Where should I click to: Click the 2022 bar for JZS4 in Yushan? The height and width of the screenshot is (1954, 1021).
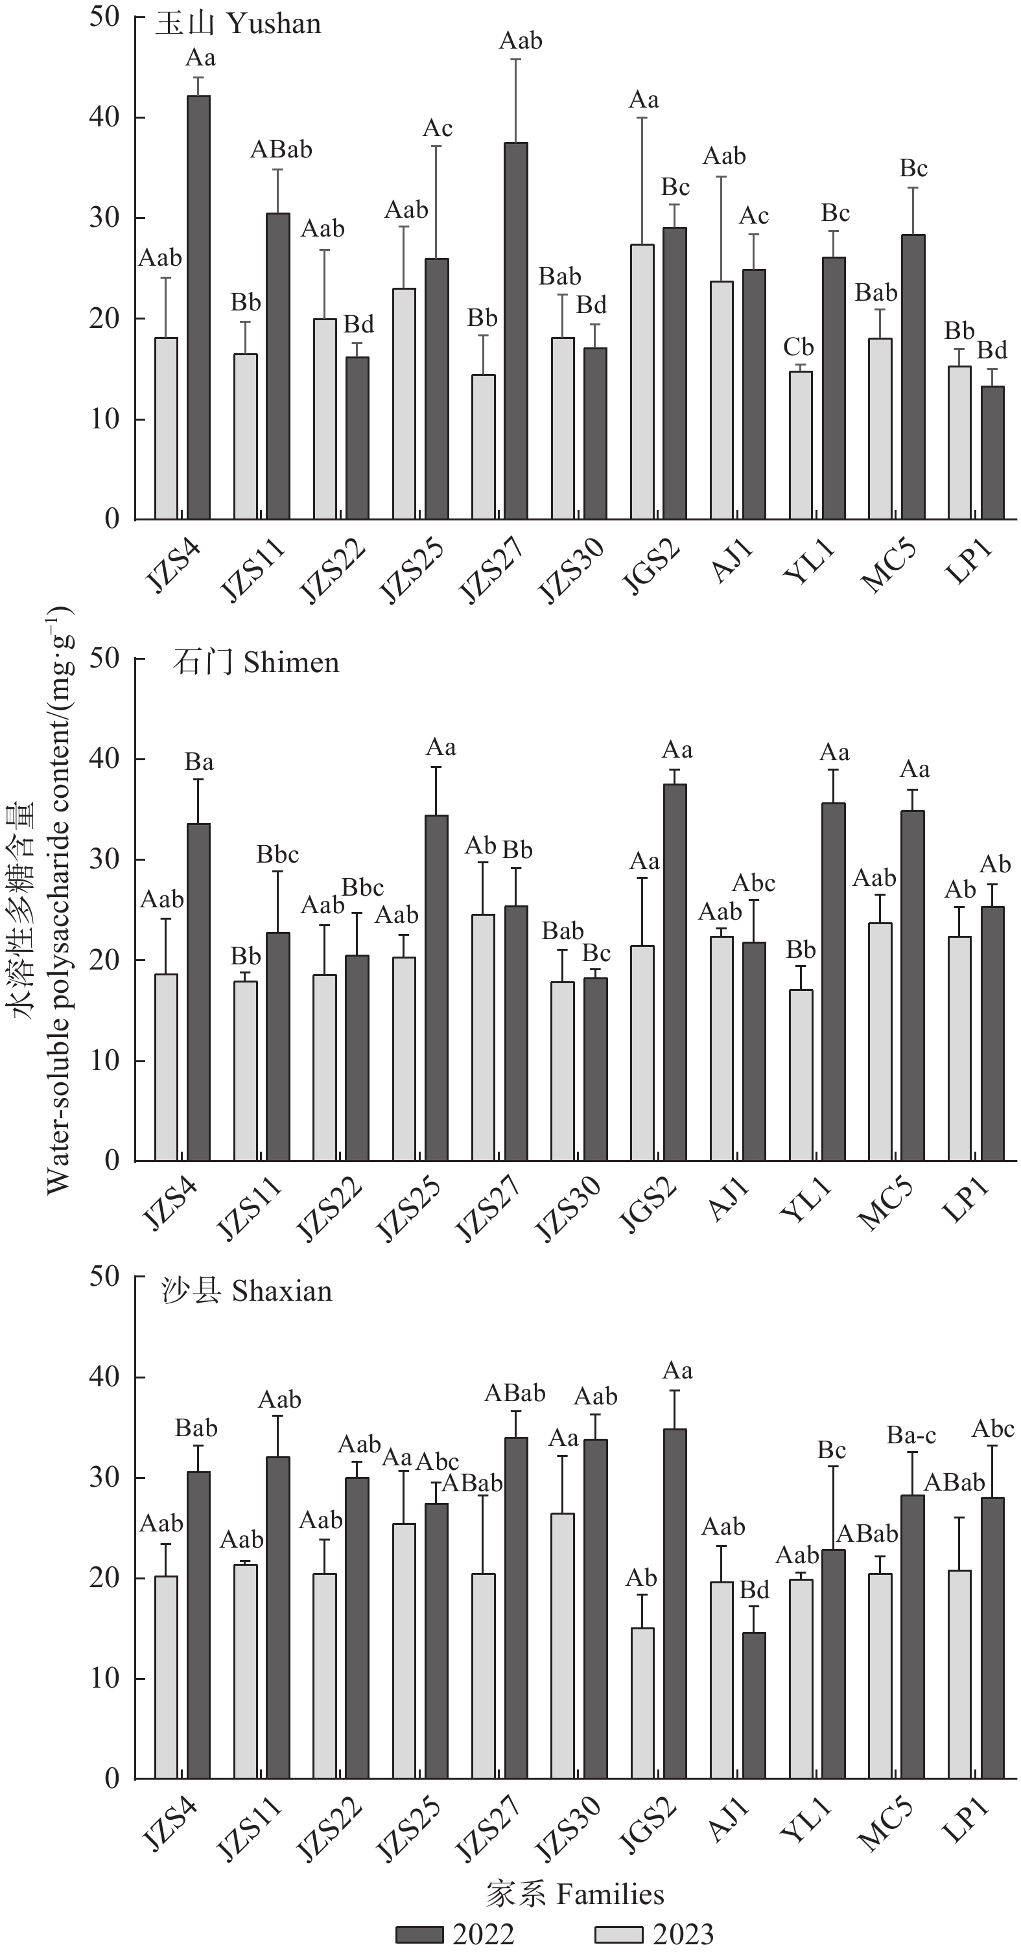click(199, 307)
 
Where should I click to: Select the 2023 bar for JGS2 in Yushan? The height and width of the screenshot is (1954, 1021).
click(642, 382)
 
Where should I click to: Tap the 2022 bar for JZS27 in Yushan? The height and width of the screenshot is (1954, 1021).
click(516, 331)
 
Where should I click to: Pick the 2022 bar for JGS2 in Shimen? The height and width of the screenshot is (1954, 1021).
click(674, 972)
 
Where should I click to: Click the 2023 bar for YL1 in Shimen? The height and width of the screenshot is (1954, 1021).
click(801, 1075)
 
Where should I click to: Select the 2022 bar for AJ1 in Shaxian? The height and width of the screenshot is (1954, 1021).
click(754, 1705)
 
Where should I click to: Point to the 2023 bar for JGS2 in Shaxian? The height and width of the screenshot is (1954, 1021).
click(642, 1703)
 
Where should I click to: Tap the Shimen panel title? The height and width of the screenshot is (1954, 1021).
click(255, 663)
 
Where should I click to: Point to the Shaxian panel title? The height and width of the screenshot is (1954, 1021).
click(247, 1291)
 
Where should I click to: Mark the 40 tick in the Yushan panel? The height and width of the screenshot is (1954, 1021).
click(104, 117)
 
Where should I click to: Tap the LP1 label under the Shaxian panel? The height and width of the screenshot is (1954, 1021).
click(967, 1820)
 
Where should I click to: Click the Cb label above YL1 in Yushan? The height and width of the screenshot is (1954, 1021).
click(798, 347)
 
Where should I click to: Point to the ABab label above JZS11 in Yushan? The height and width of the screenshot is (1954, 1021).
click(281, 150)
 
